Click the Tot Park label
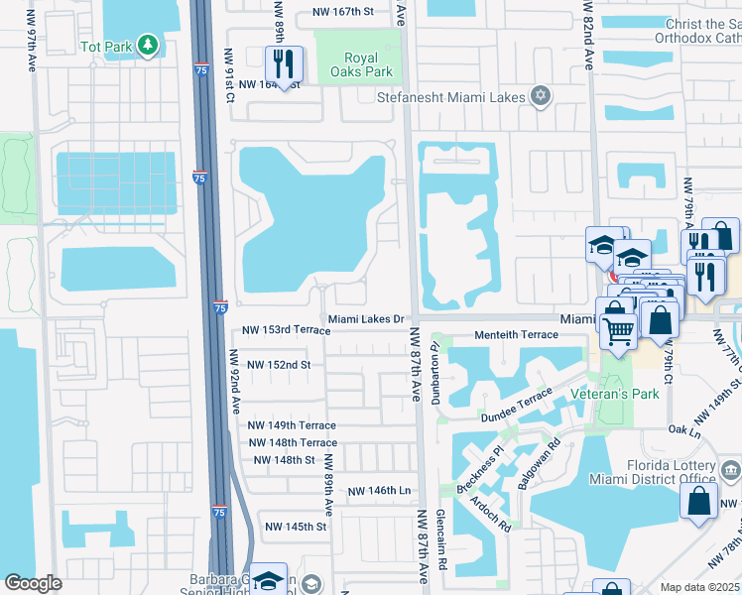point(105,46)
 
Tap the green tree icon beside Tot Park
point(148,45)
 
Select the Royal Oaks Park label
point(368,64)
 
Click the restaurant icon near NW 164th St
point(284,64)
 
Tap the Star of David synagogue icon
point(540,96)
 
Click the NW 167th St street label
point(342,12)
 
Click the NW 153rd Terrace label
point(286,330)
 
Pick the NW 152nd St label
point(279,365)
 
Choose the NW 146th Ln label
point(379,491)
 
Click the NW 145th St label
point(294,527)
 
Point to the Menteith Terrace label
point(516,335)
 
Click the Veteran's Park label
point(615,394)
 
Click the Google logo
point(33,583)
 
